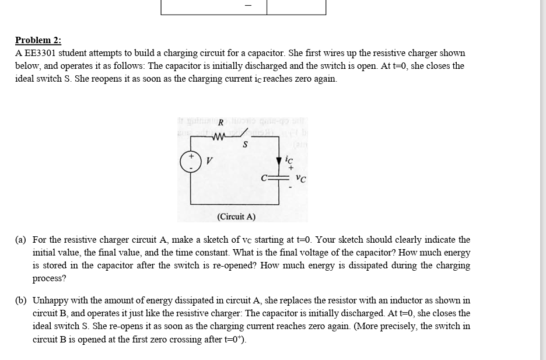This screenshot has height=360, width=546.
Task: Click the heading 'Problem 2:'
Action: pos(38,40)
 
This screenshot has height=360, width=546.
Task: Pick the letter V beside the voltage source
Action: pos(209,160)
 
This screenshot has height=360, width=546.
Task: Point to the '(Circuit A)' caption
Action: pos(236,216)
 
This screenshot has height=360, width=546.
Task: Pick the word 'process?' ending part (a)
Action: pos(50,278)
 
